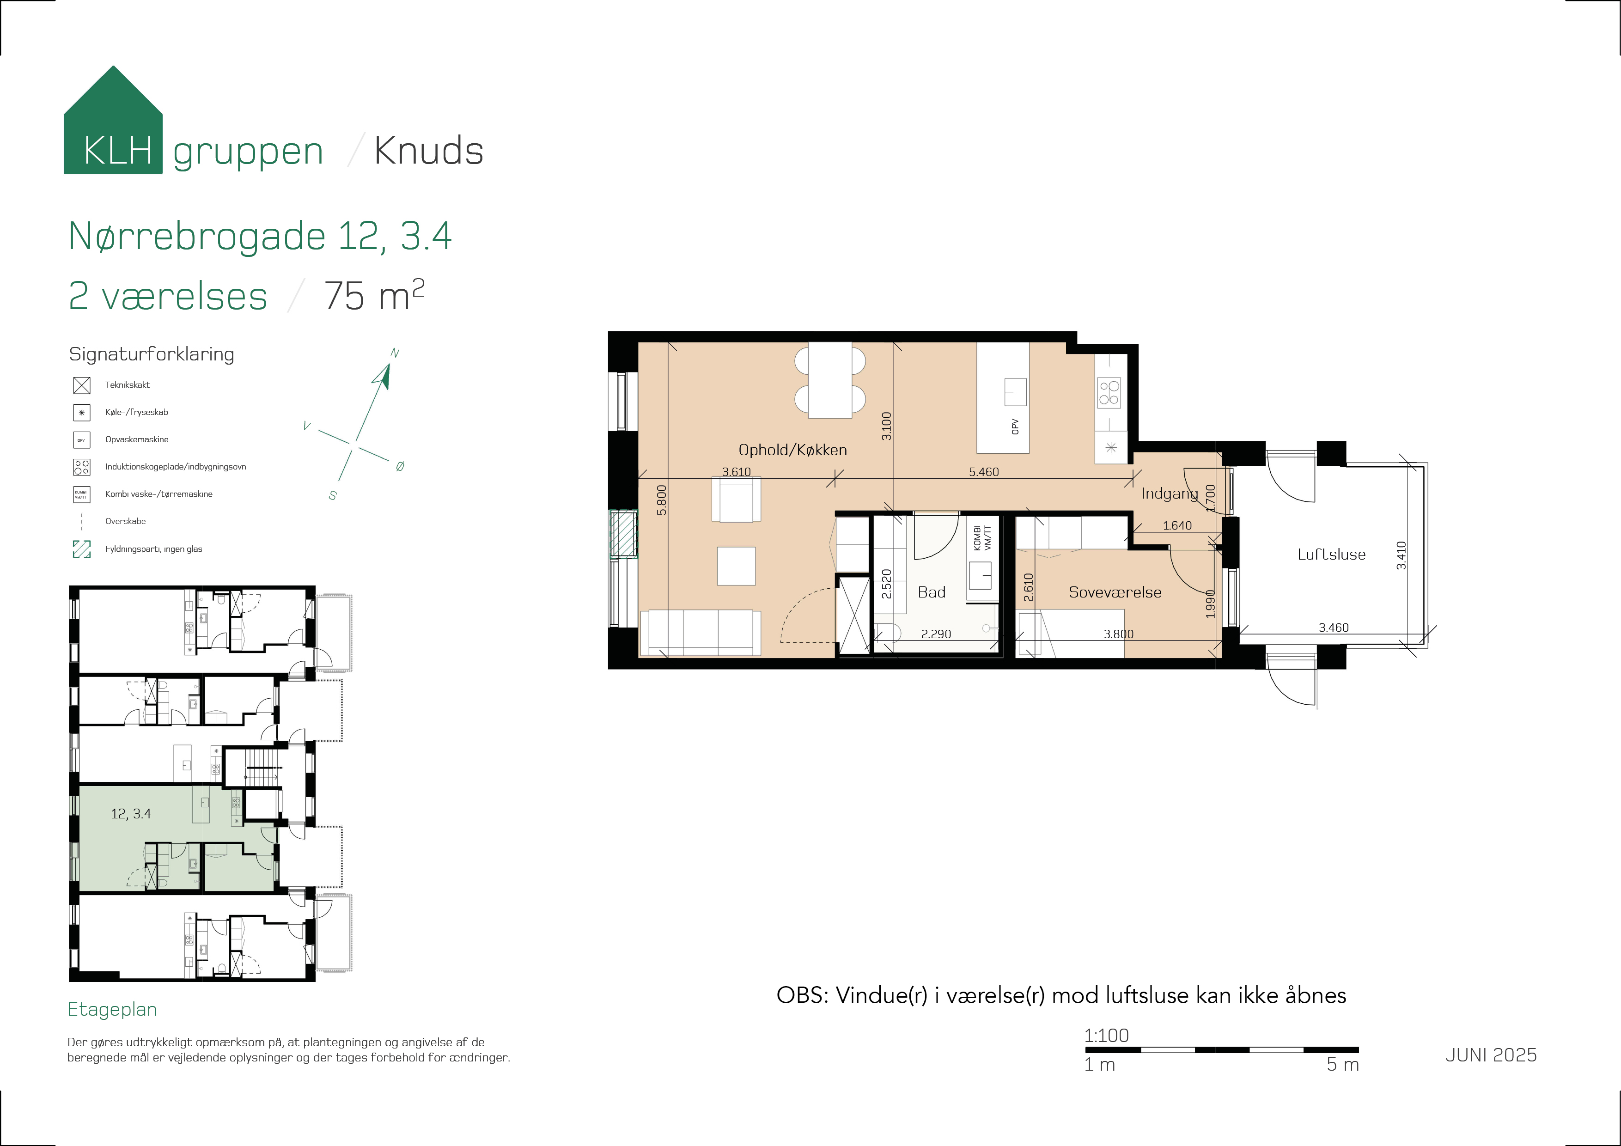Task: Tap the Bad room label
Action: click(x=931, y=592)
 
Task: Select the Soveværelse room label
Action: click(x=1115, y=592)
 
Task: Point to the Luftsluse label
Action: click(x=1332, y=555)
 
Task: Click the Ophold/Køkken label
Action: click(x=792, y=450)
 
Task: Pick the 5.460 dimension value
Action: click(x=983, y=472)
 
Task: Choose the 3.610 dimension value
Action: click(x=737, y=472)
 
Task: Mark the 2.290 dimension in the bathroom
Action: click(x=936, y=634)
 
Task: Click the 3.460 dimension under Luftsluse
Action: click(x=1334, y=628)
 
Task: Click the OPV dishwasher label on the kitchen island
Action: click(x=1015, y=427)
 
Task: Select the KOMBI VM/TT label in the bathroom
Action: click(x=982, y=538)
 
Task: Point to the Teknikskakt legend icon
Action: click(x=82, y=385)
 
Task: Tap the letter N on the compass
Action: click(x=395, y=353)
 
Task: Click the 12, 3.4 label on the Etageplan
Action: click(x=131, y=813)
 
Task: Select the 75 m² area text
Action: click(x=374, y=295)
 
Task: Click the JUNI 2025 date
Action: click(x=1491, y=1055)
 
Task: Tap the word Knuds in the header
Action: click(x=428, y=151)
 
